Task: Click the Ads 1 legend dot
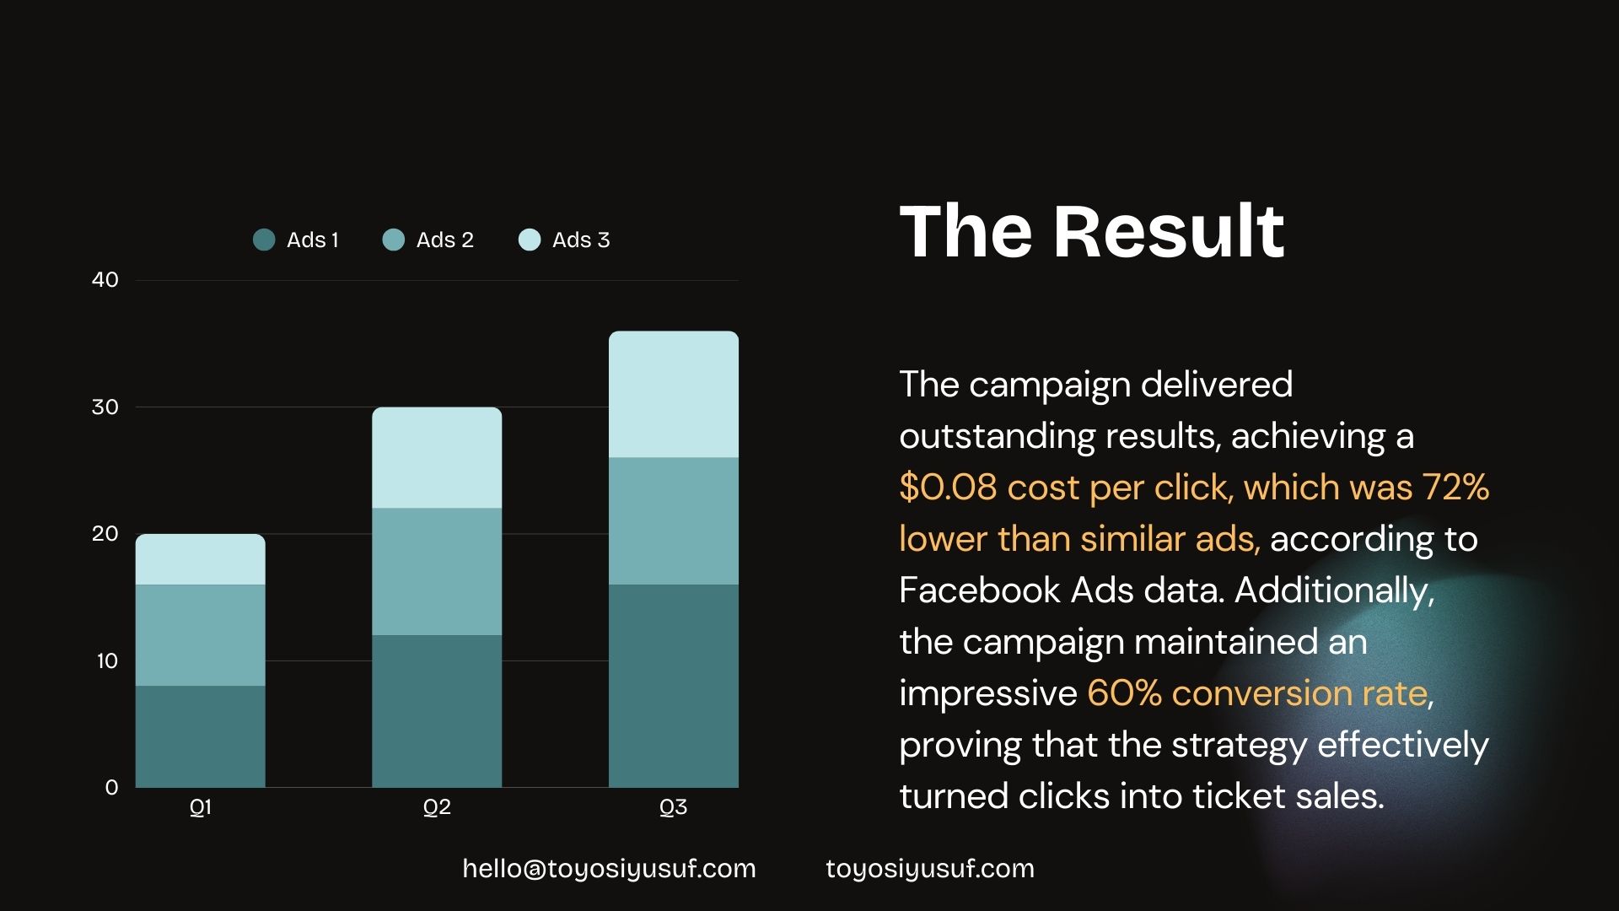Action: tap(264, 240)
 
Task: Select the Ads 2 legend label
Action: tap(444, 240)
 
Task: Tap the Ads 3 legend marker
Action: tap(530, 240)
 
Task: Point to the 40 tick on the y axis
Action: tap(105, 280)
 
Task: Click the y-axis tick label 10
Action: tap(107, 661)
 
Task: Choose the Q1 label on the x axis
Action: tap(201, 808)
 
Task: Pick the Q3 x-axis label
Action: tap(673, 808)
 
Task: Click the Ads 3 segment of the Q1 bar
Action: tap(201, 559)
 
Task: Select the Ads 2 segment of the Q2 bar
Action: tap(437, 572)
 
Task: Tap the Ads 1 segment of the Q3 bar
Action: tap(674, 686)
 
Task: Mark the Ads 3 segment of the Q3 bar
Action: tap(674, 395)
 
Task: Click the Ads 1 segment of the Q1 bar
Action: tap(201, 736)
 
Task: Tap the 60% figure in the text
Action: tap(1125, 693)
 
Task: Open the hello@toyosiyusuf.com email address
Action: tap(609, 869)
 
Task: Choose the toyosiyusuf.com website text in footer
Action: tap(929, 869)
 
